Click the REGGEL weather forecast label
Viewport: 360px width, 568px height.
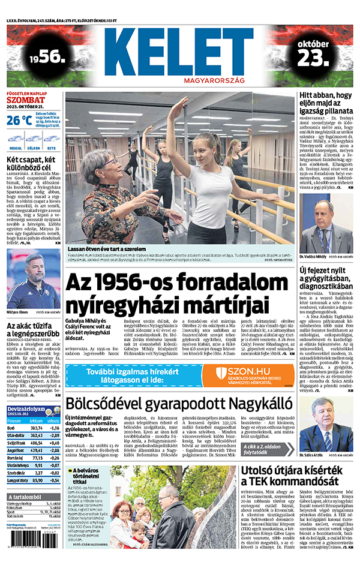click(16, 148)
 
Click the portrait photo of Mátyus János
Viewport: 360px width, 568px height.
click(33, 279)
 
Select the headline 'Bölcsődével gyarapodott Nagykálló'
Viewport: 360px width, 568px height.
click(181, 404)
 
